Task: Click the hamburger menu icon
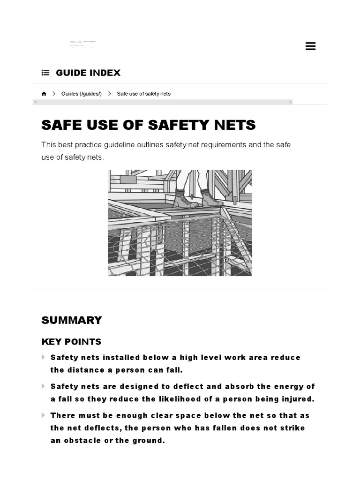(310, 46)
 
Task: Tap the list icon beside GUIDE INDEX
(45, 73)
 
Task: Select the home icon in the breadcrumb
(44, 94)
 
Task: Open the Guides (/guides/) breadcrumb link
(81, 94)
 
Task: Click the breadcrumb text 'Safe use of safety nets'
(143, 94)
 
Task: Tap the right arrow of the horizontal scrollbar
(290, 102)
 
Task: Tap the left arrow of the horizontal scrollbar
(35, 102)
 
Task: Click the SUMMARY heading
(71, 320)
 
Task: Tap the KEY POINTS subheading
(71, 342)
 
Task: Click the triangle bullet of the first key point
(44, 357)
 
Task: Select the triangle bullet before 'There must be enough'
(44, 415)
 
